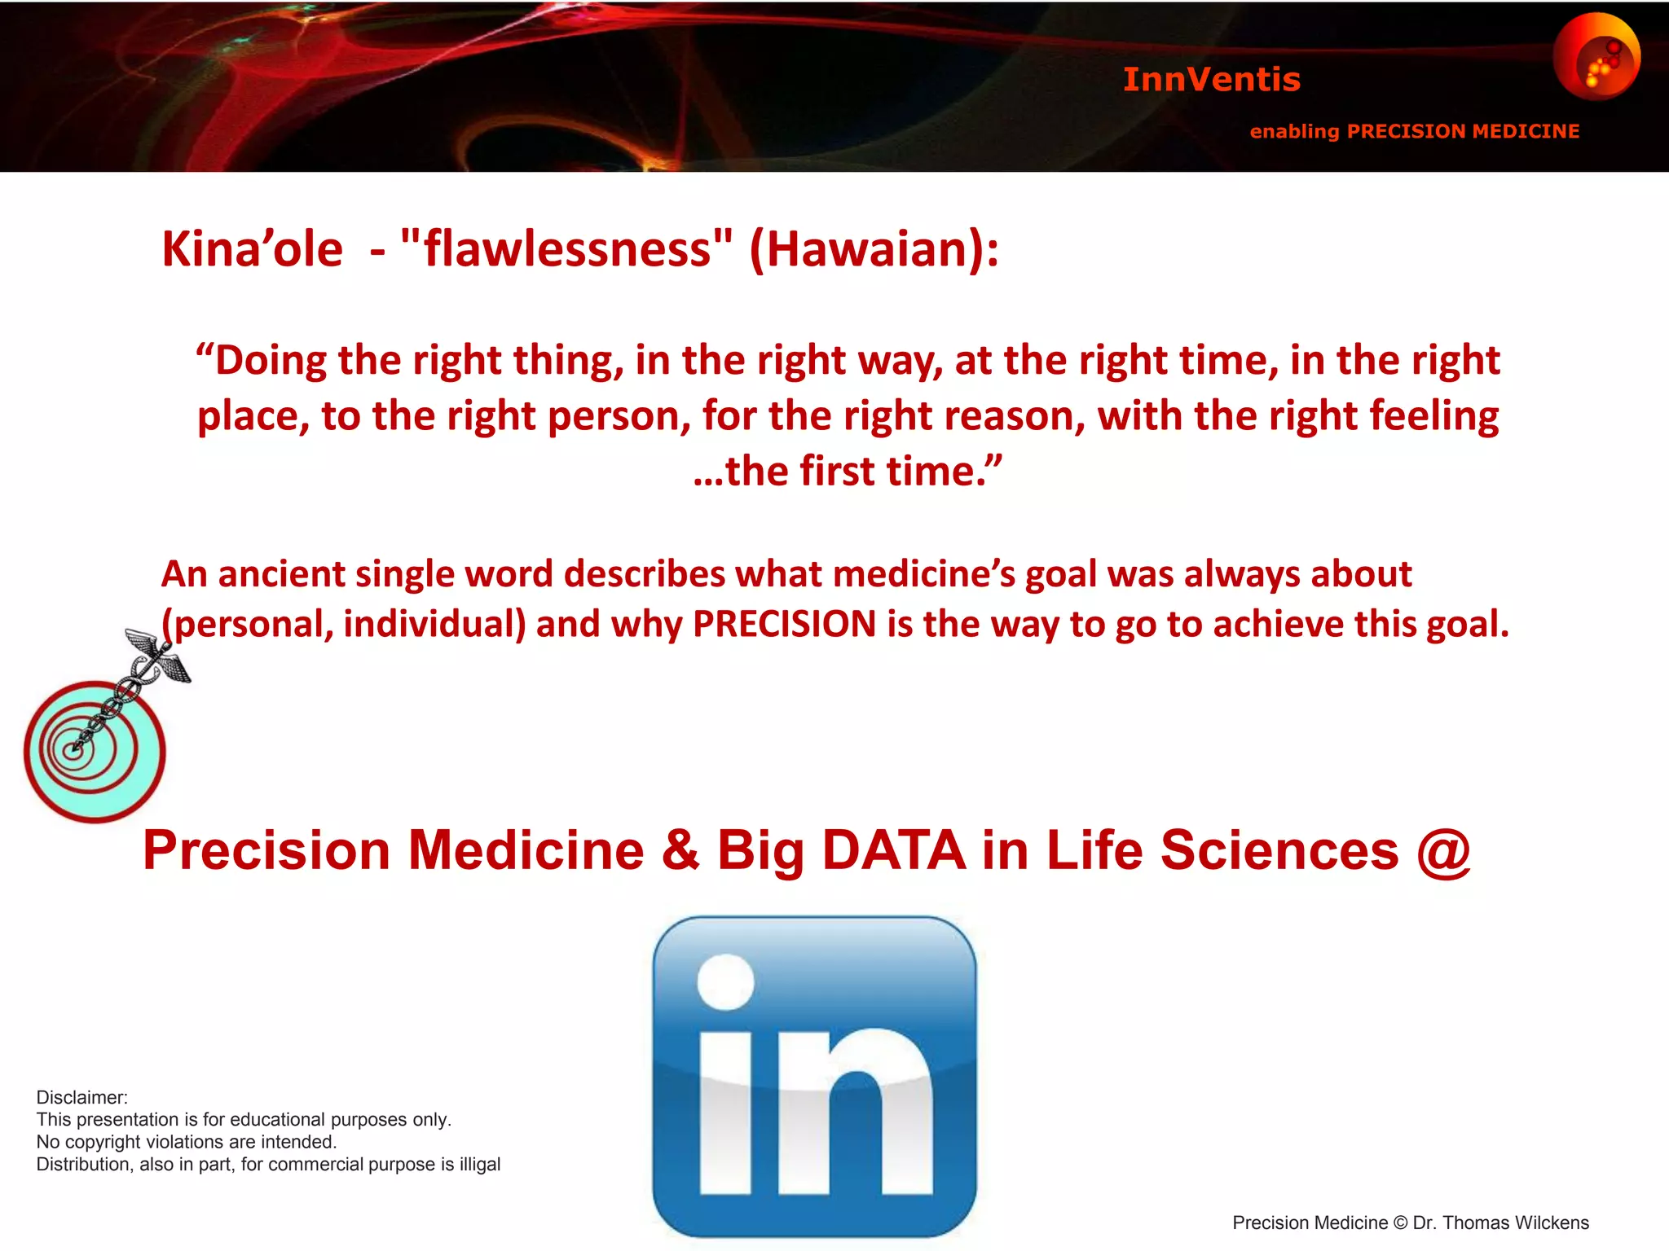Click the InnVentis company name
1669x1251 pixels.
1211,80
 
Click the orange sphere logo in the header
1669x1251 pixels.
1596,55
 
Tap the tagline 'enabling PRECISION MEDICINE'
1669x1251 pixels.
1414,131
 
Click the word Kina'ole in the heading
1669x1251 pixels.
252,249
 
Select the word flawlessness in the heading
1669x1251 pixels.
567,249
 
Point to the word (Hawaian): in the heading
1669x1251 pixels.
873,249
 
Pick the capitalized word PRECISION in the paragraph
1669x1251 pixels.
784,625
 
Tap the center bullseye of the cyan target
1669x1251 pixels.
73,750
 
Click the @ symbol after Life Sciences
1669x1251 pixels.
1443,851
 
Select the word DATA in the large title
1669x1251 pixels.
894,851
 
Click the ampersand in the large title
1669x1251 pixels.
680,851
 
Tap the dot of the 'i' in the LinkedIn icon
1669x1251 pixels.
725,981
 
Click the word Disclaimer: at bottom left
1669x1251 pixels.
82,1097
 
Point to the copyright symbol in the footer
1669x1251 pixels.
1400,1223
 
